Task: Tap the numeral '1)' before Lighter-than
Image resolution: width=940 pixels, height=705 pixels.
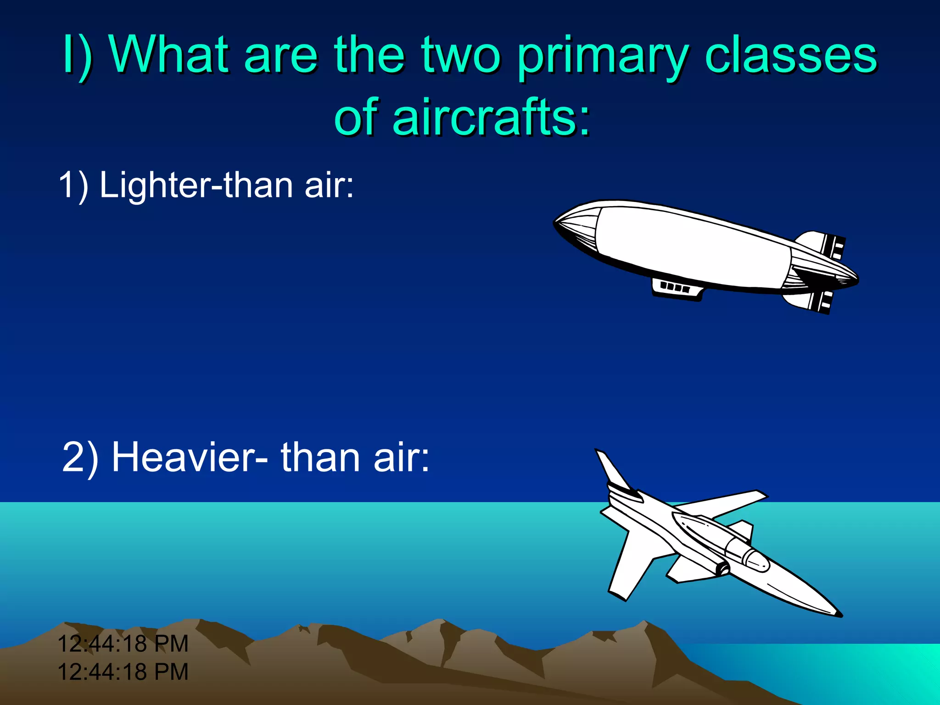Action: pyautogui.click(x=73, y=185)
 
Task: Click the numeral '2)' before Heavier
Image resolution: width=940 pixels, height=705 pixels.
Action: pyautogui.click(x=80, y=457)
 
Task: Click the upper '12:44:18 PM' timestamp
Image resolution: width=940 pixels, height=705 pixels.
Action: pyautogui.click(x=123, y=643)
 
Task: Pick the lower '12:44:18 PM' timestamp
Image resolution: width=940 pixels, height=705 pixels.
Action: pyautogui.click(x=123, y=671)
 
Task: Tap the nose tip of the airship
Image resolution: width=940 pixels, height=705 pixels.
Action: pyautogui.click(x=556, y=222)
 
